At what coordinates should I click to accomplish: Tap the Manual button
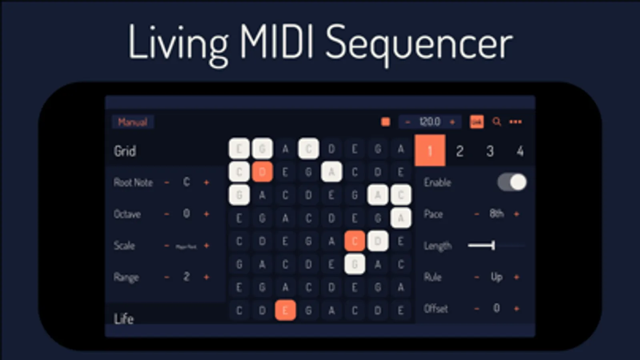(132, 122)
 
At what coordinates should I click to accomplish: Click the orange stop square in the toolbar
(385, 122)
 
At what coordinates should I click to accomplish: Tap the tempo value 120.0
(429, 122)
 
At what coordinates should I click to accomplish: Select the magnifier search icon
(497, 122)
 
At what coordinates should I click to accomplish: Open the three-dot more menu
(516, 122)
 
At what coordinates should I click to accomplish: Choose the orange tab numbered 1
(430, 151)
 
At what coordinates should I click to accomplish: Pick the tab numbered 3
(490, 151)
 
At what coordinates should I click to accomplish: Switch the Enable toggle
(512, 182)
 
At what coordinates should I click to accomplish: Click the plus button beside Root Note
(207, 182)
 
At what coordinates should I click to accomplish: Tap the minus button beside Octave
(167, 214)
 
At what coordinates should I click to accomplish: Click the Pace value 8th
(496, 214)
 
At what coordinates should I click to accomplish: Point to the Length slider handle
(493, 245)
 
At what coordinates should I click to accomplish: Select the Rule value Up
(496, 277)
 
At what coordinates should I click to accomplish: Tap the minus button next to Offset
(476, 308)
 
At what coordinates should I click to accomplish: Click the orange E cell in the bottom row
(285, 310)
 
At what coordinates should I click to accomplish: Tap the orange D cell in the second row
(262, 172)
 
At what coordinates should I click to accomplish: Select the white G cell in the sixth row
(355, 264)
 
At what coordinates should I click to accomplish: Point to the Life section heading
(124, 319)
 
